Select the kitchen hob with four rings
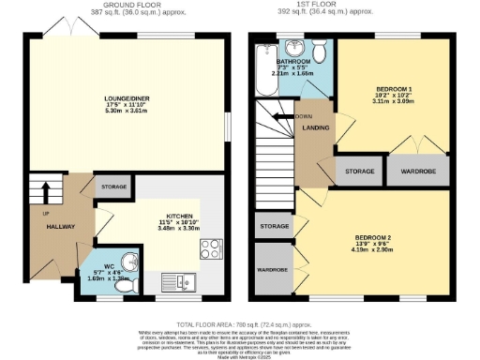pos(210,249)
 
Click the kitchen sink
pos(175,278)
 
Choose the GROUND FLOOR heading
pos(123,6)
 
